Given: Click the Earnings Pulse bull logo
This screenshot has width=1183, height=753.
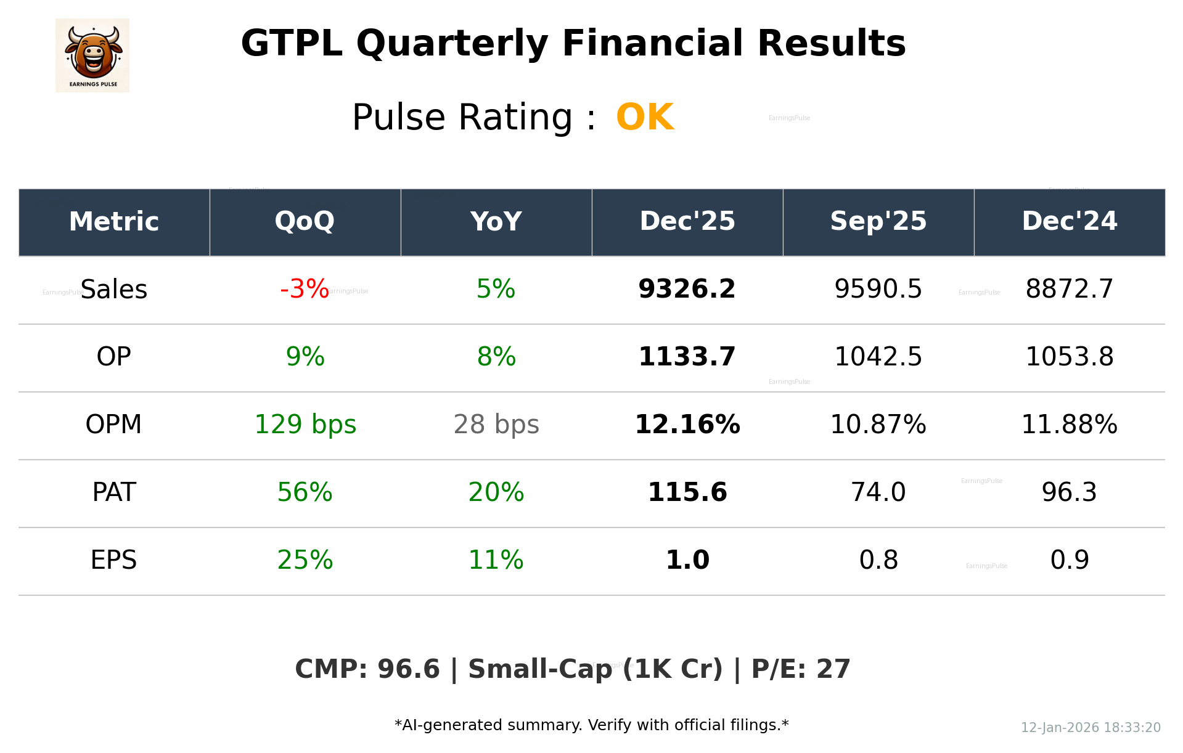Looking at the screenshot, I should coord(92,55).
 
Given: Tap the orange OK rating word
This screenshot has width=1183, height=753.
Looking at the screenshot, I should coord(645,117).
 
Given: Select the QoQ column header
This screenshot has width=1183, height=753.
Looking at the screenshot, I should coord(305,221).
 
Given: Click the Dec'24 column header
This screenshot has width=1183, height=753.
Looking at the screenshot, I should coord(1069,221).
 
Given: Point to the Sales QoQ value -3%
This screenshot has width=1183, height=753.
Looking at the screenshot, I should coord(305,289).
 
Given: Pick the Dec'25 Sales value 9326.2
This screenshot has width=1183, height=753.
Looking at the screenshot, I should coord(687,289).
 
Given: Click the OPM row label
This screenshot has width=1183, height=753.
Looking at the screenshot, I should coord(113,425).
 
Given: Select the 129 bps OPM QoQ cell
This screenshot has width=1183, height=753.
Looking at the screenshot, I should coord(305,425).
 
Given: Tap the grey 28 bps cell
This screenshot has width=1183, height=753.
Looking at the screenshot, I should coord(496,425).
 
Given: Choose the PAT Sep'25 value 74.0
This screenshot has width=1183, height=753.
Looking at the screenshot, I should coord(878,492).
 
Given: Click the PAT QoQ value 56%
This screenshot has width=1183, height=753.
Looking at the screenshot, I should coord(305,492).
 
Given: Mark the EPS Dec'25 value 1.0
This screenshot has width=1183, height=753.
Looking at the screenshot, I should coord(687,560).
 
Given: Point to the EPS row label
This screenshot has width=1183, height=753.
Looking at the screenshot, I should coord(113,560).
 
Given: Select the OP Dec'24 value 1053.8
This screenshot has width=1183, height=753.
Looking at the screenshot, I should coord(1069,357).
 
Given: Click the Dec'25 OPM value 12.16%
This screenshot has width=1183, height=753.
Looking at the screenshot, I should coord(687,425).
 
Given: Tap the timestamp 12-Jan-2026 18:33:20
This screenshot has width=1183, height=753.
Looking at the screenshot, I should coord(1091,728).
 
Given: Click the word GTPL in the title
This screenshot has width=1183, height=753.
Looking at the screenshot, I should coord(291,44).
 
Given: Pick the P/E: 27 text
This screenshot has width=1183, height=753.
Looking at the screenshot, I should coord(801,669).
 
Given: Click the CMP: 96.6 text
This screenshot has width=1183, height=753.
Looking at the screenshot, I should coord(367,669).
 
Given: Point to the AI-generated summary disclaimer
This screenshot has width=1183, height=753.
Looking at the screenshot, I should coord(591,725).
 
